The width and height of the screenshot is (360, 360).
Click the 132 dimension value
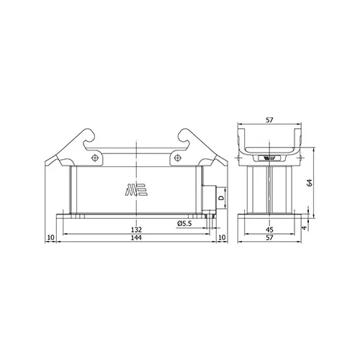tap(136, 230)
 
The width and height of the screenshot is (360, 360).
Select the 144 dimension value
tap(136, 238)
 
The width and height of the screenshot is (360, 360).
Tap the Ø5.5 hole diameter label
tap(184, 224)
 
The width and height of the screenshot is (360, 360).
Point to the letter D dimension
tap(222, 198)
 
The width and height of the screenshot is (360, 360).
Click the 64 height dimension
tap(310, 183)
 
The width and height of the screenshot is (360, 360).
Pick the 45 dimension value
tap(269, 230)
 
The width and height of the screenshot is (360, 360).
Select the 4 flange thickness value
tap(305, 228)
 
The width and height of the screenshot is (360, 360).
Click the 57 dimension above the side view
tap(269, 120)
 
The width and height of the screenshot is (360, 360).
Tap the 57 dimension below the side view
tap(269, 238)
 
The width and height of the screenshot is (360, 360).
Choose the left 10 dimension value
tap(51, 238)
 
